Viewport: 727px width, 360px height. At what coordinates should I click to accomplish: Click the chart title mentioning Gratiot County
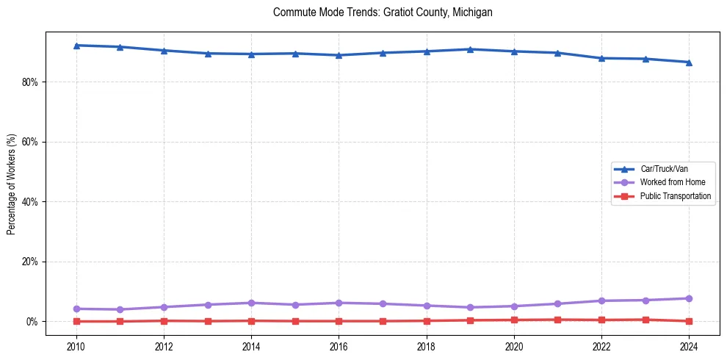382,12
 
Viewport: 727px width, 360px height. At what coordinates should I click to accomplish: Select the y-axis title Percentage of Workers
11,184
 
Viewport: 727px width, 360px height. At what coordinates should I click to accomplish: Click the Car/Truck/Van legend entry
664,169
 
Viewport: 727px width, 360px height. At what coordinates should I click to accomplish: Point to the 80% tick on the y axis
29,82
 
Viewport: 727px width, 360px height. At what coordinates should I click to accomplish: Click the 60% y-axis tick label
29,142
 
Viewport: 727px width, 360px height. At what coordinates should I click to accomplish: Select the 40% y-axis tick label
29,202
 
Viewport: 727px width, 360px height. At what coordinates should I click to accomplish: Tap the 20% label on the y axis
29,262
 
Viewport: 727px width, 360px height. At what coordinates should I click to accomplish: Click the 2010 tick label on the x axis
76,345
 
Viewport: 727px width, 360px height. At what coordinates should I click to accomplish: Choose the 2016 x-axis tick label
339,345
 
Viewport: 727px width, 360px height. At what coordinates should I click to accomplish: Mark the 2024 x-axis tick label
689,345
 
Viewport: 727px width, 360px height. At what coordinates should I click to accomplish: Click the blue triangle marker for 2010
76,46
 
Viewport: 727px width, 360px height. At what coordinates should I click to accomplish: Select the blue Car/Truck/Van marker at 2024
689,62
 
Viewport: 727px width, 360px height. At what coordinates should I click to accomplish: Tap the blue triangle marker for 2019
470,49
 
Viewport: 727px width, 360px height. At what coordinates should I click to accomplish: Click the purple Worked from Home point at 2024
689,298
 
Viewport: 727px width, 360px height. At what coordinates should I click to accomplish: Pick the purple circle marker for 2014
251,303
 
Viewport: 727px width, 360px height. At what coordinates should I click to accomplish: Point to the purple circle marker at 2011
120,309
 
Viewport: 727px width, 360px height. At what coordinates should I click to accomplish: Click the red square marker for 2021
557,320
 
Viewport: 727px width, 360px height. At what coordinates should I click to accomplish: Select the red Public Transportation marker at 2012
164,320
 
